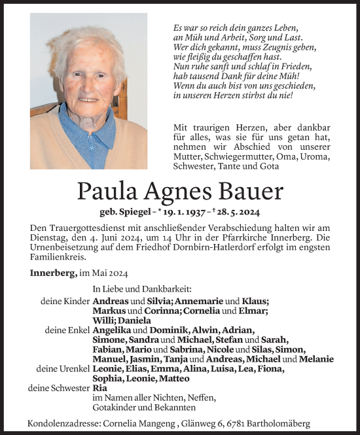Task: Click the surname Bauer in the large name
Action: point(247,191)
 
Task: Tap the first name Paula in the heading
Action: point(107,191)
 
